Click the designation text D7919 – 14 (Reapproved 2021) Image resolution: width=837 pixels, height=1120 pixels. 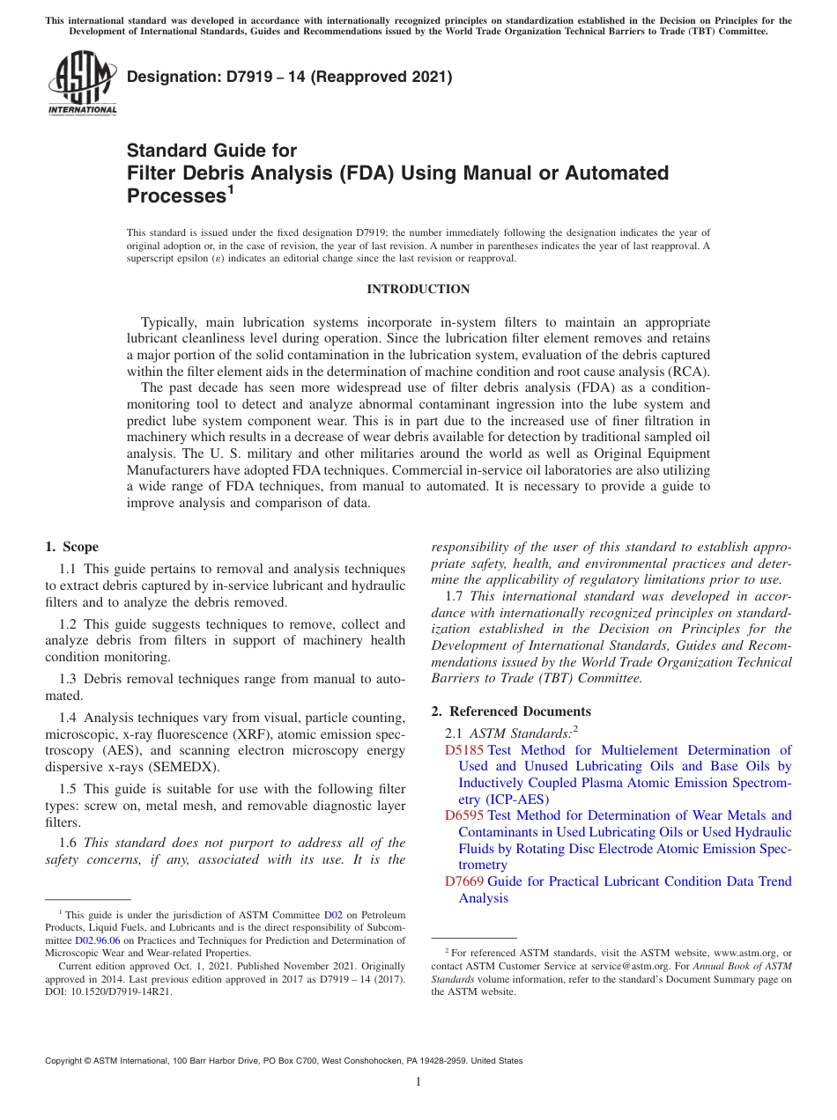pos(289,77)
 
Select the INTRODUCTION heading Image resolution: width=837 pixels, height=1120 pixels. pos(418,289)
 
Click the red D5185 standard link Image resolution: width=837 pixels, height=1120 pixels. pos(463,750)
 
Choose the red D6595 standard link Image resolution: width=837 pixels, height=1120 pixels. pos(463,815)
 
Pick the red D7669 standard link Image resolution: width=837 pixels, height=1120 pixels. pos(463,881)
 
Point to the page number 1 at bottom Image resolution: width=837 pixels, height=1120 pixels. pos(418,1081)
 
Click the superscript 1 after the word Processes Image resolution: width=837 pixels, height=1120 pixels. pos(231,188)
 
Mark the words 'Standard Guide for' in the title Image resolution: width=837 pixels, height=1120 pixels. pos(211,150)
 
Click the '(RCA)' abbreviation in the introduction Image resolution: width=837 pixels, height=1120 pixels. pos(689,372)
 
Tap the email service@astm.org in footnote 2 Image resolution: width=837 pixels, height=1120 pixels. pos(619,966)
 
